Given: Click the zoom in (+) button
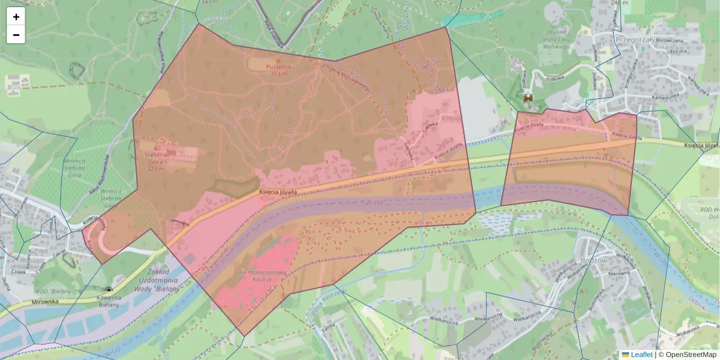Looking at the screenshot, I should point(16,17).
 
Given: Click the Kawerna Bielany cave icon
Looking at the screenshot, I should point(109,290).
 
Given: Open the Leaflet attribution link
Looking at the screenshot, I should point(641,355).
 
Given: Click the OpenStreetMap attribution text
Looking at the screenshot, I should point(691,355).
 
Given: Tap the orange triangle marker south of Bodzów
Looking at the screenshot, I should point(581,292).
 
